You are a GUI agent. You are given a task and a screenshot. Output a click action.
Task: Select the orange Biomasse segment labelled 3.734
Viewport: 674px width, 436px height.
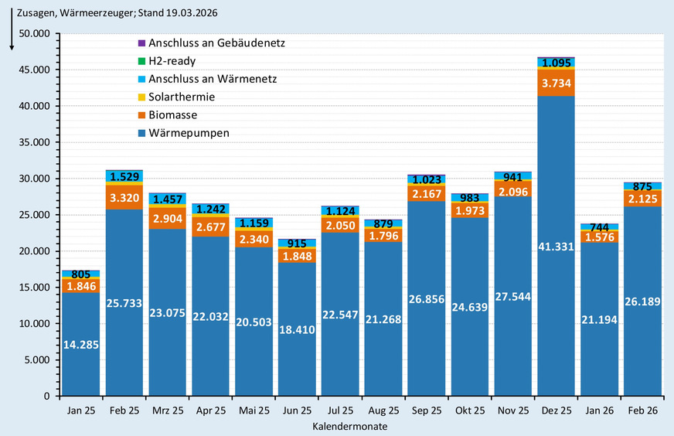coord(557,83)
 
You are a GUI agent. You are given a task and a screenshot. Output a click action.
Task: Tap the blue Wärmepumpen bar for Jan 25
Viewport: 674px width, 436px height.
coord(81,344)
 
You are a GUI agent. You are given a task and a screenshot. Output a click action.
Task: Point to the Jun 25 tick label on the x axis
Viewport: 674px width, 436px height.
coord(297,410)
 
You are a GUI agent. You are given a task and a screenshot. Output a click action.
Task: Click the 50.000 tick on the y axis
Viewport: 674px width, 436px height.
coord(35,33)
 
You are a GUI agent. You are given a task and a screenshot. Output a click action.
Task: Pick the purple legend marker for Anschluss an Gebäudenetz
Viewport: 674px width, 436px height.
coord(141,43)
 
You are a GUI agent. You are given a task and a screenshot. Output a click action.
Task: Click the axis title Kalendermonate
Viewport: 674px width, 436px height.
coord(350,426)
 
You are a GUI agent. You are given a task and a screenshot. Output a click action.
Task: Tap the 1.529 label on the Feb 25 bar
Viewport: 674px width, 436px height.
coord(124,177)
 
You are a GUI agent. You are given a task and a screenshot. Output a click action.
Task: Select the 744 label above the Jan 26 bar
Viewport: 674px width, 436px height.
coord(600,227)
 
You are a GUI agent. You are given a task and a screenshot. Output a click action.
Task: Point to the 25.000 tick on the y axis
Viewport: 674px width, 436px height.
coord(35,215)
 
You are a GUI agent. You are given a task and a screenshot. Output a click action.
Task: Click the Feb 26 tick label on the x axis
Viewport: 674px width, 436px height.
coord(642,410)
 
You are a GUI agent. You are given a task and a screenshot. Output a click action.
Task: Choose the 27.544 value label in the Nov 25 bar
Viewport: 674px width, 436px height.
coord(513,296)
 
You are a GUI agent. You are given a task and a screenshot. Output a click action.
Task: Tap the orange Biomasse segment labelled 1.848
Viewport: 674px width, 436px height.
coord(297,255)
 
